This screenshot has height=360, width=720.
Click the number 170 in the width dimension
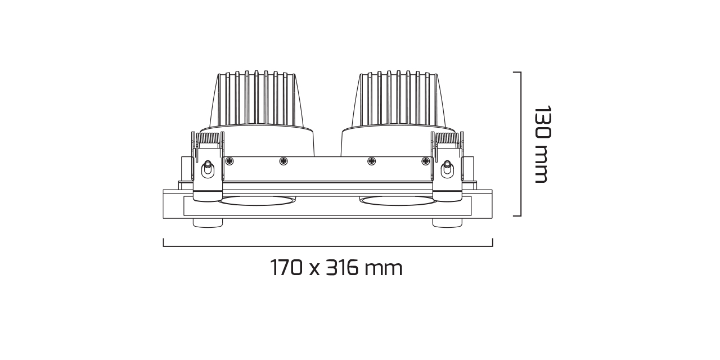tap(287, 268)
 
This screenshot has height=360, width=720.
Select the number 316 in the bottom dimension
tap(343, 268)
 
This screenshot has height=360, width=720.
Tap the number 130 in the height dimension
tap(541, 123)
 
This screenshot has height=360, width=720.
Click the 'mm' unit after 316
tap(384, 269)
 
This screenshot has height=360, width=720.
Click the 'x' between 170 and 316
tap(314, 269)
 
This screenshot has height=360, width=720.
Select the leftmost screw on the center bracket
tap(229, 161)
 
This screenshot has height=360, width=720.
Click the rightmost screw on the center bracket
tap(426, 161)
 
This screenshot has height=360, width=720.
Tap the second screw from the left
tap(283, 161)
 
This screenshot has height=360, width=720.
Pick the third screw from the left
tap(371, 161)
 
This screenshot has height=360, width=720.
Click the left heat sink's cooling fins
tap(256, 98)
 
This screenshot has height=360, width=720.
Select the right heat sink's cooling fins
tap(398, 98)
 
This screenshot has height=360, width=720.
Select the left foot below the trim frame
tap(208, 223)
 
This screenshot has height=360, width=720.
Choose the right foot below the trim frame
tap(447, 223)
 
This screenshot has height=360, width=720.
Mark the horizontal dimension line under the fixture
tap(328, 246)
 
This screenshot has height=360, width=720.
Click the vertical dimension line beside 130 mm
tap(521, 144)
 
